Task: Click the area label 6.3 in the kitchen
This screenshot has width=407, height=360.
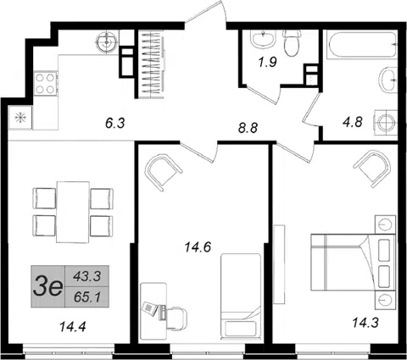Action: click(x=115, y=124)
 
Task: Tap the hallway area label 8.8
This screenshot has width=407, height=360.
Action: click(x=248, y=128)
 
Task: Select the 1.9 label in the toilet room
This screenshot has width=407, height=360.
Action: click(x=267, y=62)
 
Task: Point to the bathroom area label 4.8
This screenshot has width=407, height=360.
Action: click(x=353, y=123)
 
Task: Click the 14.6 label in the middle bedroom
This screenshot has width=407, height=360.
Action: click(x=198, y=247)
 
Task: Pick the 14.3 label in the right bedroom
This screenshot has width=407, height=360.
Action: click(x=365, y=323)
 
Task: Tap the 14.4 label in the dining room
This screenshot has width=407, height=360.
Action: click(x=73, y=327)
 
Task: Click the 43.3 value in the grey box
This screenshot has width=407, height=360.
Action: click(x=87, y=276)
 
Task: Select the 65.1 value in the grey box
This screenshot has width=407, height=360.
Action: click(x=87, y=297)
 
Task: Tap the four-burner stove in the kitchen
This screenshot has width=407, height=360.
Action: click(x=46, y=83)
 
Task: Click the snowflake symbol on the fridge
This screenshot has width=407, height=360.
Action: click(x=20, y=118)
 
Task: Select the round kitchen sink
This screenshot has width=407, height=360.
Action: click(x=107, y=42)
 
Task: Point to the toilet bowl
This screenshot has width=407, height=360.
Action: click(x=292, y=43)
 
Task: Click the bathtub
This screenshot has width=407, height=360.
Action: click(x=361, y=45)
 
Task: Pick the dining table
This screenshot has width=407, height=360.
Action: click(x=73, y=212)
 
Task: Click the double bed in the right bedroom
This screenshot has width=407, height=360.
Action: click(x=353, y=263)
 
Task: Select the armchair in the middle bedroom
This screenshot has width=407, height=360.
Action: click(x=163, y=172)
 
